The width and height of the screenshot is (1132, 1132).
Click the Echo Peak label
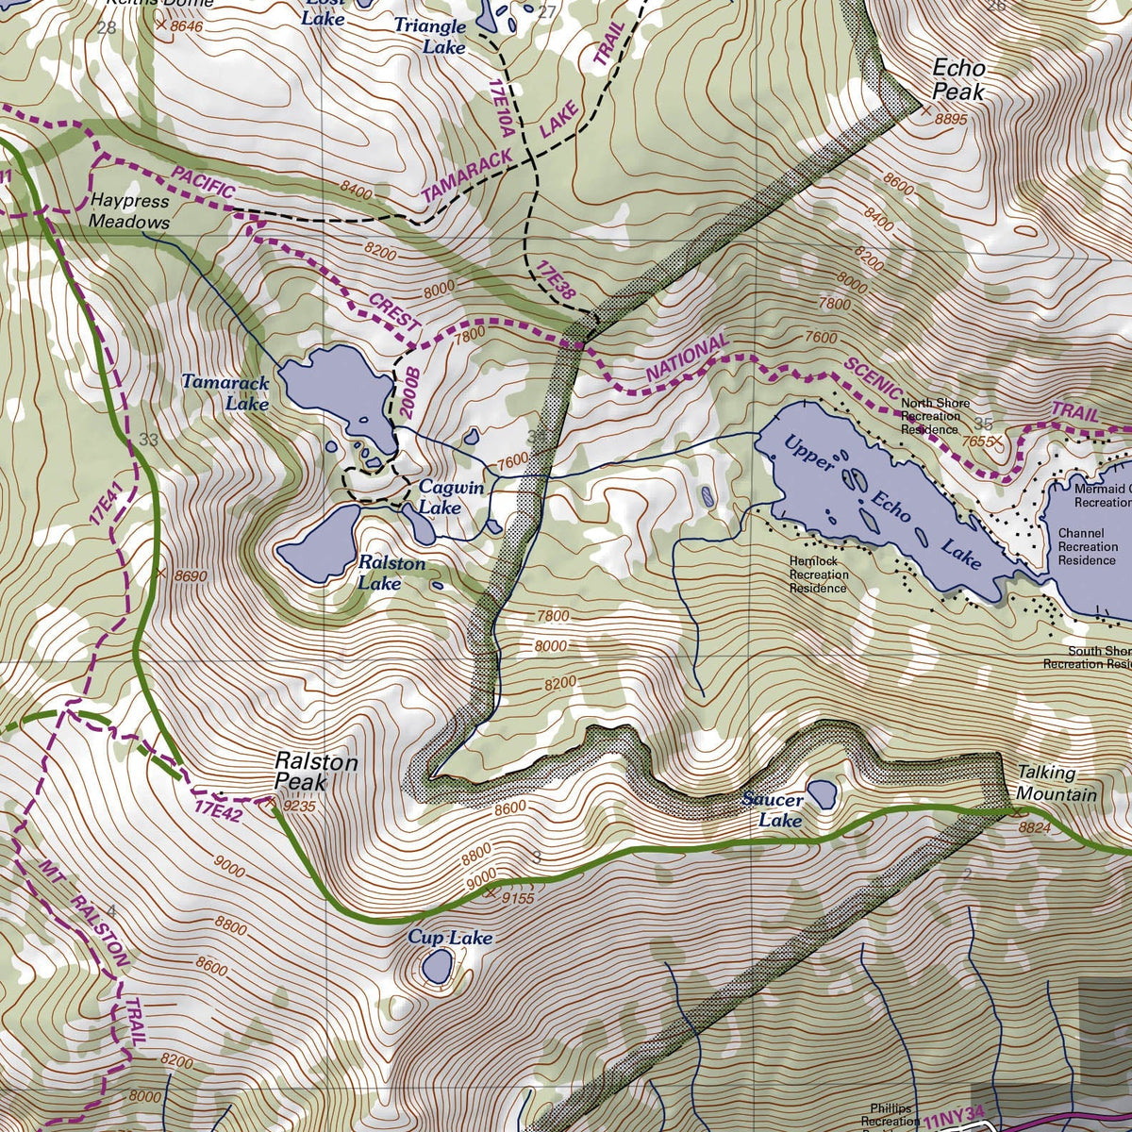coord(958,80)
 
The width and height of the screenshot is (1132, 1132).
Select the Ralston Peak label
coord(303,771)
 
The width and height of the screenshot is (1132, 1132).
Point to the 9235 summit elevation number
coord(298,807)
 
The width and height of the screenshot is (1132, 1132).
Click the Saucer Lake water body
coord(822,793)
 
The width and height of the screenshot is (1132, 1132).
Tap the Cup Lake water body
coord(437,966)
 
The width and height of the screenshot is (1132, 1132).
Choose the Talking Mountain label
coord(1057,783)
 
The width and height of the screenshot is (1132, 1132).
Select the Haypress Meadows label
coord(129,211)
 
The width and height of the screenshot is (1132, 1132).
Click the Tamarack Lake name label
coord(225,393)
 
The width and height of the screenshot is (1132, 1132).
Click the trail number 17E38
coord(556,284)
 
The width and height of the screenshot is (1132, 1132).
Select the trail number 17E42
coord(220,809)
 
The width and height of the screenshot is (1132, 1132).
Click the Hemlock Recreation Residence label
coord(819,574)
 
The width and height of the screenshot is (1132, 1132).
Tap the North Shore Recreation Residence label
coord(935,416)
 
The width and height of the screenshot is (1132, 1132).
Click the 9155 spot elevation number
coord(518,898)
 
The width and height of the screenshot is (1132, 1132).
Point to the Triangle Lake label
coord(429,36)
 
